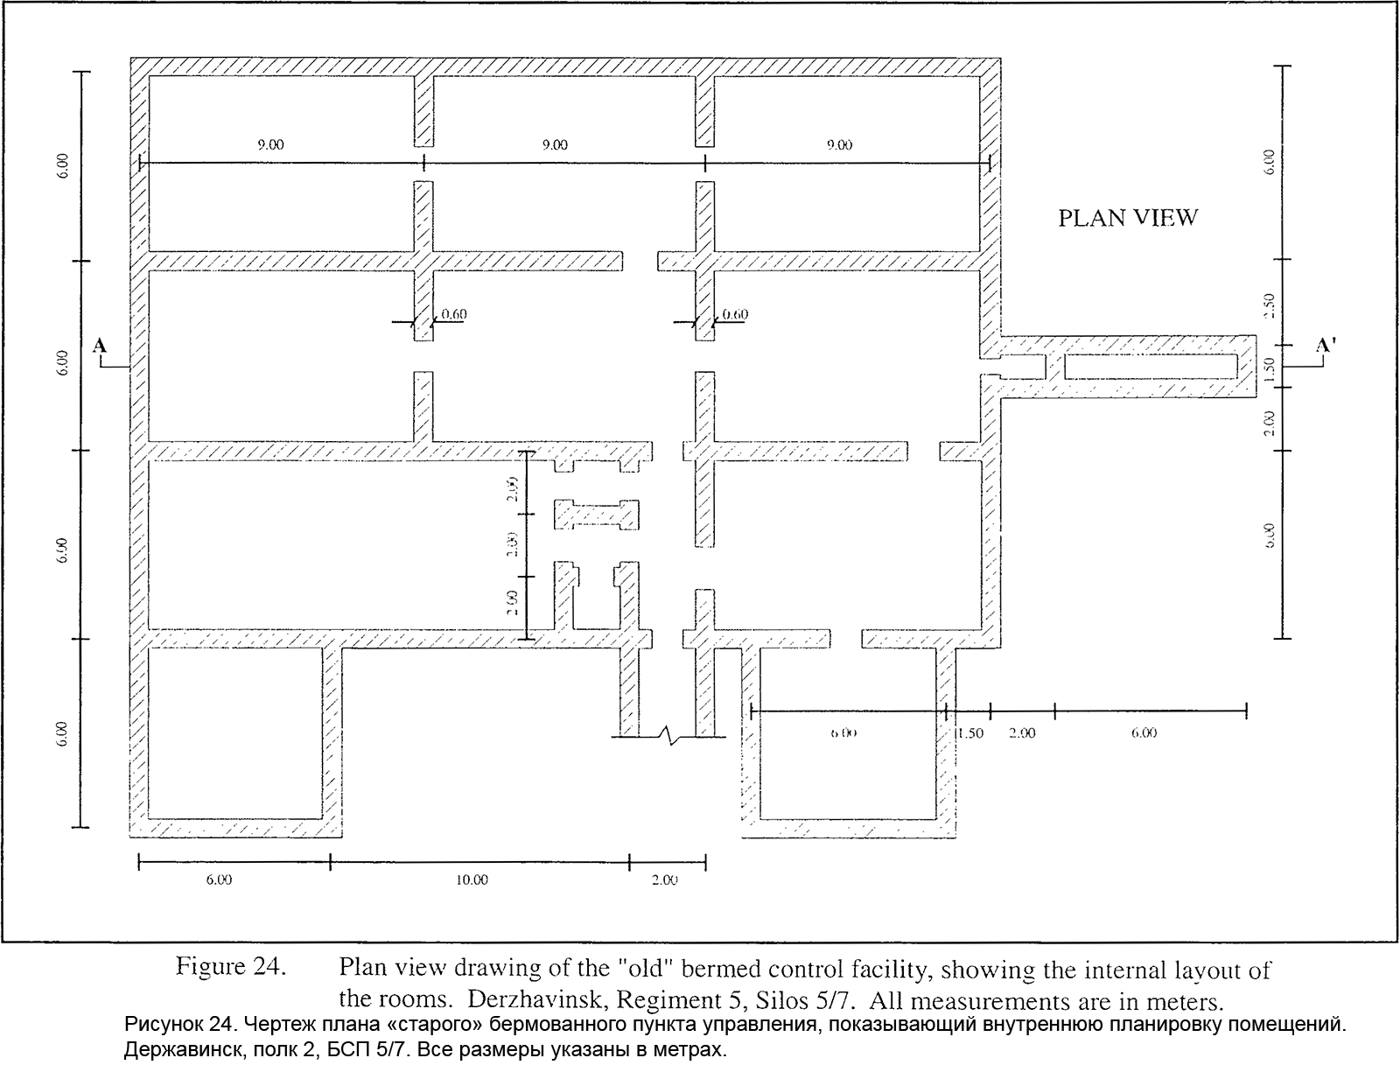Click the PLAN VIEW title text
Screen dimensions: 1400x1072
(x=1127, y=217)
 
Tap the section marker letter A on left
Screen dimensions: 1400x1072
(x=100, y=347)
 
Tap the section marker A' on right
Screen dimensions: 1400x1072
(x=1326, y=347)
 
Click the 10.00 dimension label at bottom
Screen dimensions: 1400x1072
(x=472, y=880)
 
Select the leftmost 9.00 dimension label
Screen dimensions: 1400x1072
(x=269, y=145)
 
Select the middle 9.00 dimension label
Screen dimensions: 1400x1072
(x=554, y=145)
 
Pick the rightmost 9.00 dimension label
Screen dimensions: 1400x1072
(x=839, y=145)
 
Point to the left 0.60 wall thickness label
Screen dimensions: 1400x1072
(x=454, y=314)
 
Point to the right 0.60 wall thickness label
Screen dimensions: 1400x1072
(x=736, y=314)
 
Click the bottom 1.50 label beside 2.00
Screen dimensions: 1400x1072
(x=969, y=733)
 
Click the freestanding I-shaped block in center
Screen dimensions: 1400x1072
(x=597, y=515)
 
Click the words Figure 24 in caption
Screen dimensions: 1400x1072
(x=231, y=968)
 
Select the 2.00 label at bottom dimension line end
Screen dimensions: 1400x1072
(x=665, y=880)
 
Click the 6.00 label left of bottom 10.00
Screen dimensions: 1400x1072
(x=219, y=880)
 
